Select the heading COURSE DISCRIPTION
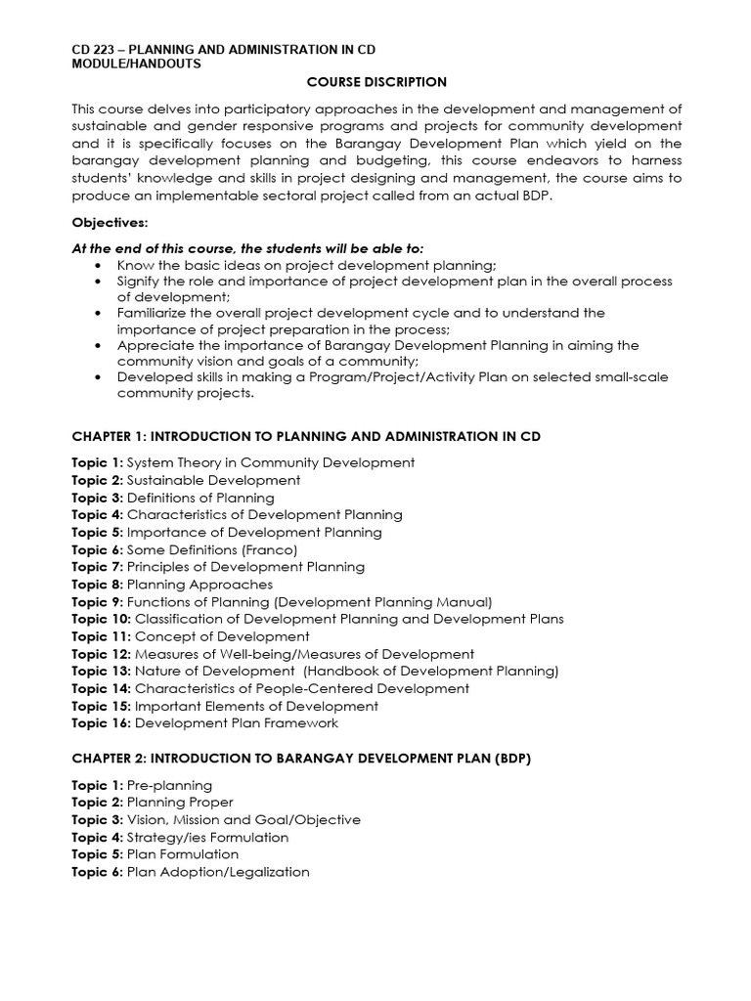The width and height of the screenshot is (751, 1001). (x=376, y=82)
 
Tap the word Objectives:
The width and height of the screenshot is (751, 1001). (x=110, y=223)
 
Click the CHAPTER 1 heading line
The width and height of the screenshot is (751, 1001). (x=305, y=436)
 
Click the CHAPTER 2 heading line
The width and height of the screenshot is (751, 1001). (x=301, y=759)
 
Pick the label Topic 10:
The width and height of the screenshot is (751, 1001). (x=101, y=619)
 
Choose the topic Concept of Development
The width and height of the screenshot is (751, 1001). (x=222, y=636)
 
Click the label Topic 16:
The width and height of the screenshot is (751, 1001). (x=101, y=723)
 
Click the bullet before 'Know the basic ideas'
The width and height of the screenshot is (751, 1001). (x=99, y=266)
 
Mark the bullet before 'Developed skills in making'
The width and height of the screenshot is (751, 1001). (x=99, y=377)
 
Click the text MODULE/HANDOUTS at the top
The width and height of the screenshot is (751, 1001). (x=136, y=64)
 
